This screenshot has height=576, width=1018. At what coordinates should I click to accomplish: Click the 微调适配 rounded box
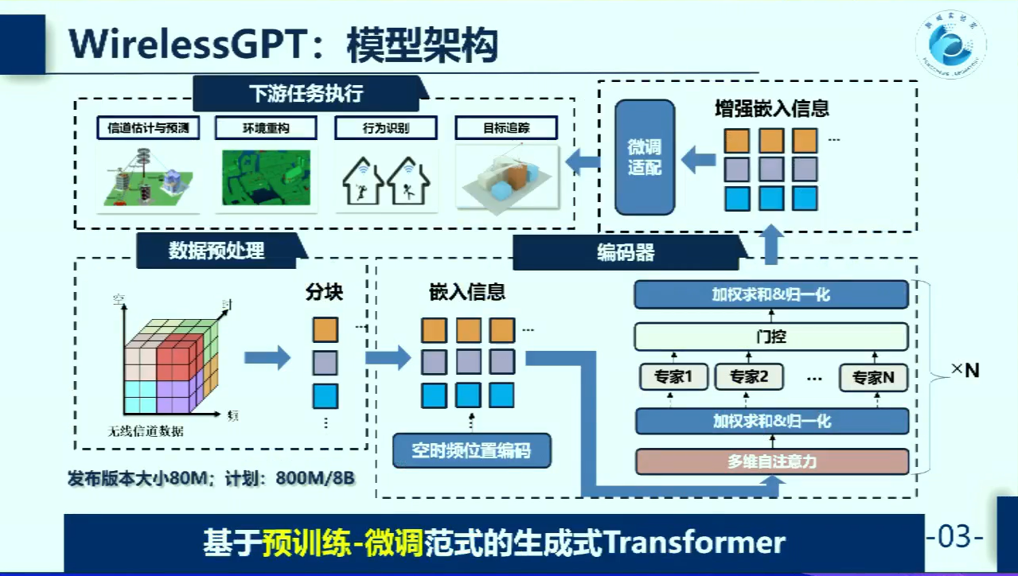point(644,157)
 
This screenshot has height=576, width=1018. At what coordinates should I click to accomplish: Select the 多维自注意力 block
point(771,461)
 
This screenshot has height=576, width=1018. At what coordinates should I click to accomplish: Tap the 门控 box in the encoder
point(771,337)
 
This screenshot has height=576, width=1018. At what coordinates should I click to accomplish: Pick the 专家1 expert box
point(673,377)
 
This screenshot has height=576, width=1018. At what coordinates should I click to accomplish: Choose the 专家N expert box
point(873,378)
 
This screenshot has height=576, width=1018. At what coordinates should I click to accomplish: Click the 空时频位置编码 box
point(472,451)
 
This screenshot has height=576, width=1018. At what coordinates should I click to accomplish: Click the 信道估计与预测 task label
point(148,127)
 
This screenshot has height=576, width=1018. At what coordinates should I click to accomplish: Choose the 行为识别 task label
point(385,127)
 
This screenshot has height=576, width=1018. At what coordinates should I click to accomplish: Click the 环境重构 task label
point(266,127)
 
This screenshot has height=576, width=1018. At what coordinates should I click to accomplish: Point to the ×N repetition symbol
point(965,370)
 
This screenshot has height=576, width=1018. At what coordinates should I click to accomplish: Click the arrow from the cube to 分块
point(267,357)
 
